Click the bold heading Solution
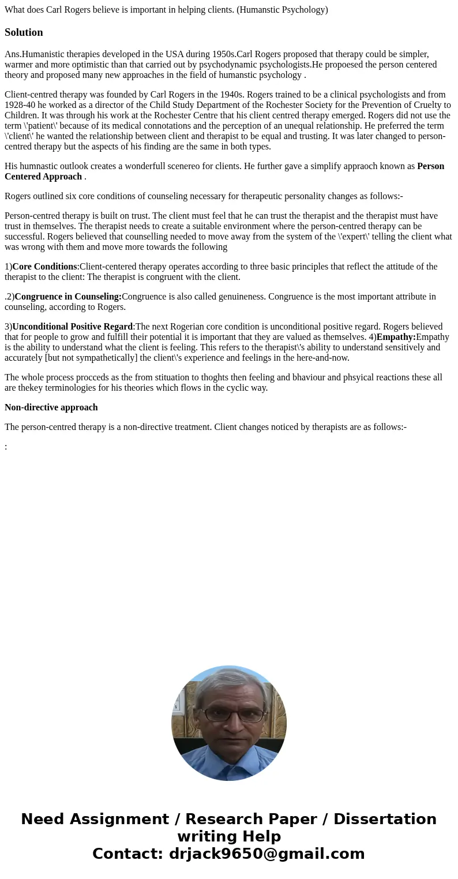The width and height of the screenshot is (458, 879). point(24,32)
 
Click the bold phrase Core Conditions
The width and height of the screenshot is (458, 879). point(44,267)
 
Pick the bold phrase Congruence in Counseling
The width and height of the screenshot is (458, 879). point(68,297)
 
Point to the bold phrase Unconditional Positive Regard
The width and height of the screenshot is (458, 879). point(73,327)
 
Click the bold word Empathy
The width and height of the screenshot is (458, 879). point(396,337)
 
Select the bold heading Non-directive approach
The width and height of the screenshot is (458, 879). point(51,407)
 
